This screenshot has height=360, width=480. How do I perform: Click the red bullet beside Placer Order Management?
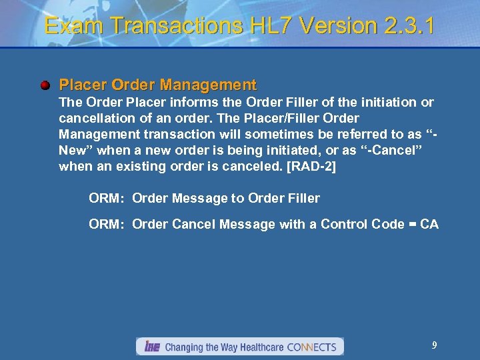click(45, 86)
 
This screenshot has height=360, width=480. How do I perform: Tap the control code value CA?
click(429, 224)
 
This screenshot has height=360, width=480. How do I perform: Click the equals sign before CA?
click(411, 224)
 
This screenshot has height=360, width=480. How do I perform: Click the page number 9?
click(434, 345)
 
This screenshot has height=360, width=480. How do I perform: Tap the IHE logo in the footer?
click(151, 347)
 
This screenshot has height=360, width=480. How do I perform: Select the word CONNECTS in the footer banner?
click(311, 347)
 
